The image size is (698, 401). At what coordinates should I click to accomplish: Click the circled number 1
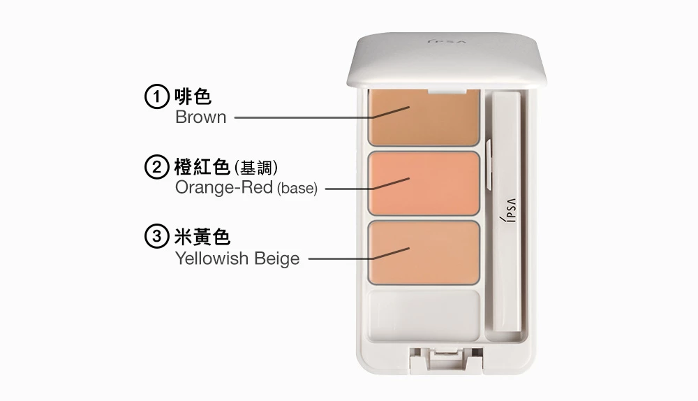pyautogui.click(x=156, y=96)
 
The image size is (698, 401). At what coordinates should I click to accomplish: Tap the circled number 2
pyautogui.click(x=156, y=167)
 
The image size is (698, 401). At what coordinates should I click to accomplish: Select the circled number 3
pyautogui.click(x=156, y=236)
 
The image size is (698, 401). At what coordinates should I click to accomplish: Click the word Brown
pyautogui.click(x=201, y=117)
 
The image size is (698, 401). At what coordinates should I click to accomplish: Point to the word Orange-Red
pyautogui.click(x=224, y=188)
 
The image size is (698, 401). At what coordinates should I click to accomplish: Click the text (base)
pyautogui.click(x=297, y=189)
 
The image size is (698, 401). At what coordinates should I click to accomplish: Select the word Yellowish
pyautogui.click(x=207, y=258)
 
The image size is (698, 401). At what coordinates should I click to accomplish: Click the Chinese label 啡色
pyautogui.click(x=193, y=96)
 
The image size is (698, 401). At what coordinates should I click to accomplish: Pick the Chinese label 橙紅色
pyautogui.click(x=202, y=167)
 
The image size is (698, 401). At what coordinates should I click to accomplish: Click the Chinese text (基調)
pyautogui.click(x=256, y=168)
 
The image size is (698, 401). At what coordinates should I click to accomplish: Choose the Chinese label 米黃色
pyautogui.click(x=202, y=237)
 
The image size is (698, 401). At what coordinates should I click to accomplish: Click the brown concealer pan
pyautogui.click(x=424, y=117)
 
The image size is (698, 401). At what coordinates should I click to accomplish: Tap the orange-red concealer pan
pyautogui.click(x=424, y=184)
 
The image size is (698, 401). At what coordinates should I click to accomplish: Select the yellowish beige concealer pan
pyautogui.click(x=424, y=253)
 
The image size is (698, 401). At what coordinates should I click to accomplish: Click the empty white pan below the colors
pyautogui.click(x=424, y=316)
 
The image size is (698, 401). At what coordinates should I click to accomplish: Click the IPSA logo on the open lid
pyautogui.click(x=447, y=42)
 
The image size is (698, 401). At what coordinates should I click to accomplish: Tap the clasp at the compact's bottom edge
pyautogui.click(x=446, y=360)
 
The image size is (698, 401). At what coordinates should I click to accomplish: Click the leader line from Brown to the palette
pyautogui.click(x=322, y=116)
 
